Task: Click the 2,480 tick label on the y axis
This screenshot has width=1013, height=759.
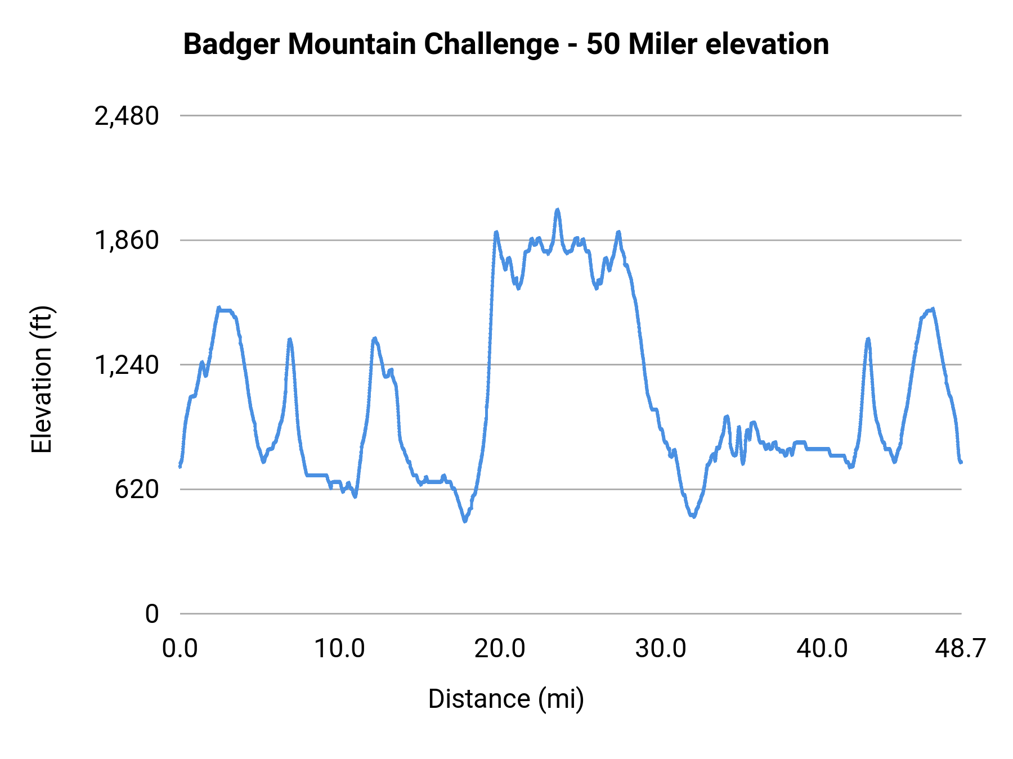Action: (127, 116)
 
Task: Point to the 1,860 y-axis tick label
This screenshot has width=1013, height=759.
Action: (127, 241)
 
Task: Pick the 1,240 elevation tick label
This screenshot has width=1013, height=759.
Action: (127, 365)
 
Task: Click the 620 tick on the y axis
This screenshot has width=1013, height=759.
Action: (137, 490)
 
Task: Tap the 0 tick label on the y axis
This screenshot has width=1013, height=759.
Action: (151, 614)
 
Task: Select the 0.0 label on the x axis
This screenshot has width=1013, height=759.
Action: (180, 649)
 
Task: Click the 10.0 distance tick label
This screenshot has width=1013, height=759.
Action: (339, 649)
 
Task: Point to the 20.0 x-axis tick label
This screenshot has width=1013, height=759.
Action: (500, 649)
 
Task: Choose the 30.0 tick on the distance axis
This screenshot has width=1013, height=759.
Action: (661, 649)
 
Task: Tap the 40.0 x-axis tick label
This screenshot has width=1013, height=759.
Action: (822, 649)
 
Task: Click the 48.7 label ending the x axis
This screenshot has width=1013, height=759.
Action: (960, 649)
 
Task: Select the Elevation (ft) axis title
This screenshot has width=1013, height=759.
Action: (42, 379)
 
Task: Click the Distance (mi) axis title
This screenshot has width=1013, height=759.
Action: (506, 699)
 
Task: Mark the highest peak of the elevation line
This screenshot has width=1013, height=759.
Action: (558, 210)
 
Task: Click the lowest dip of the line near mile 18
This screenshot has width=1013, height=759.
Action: (465, 521)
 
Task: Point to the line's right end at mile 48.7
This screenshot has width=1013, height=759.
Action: (961, 462)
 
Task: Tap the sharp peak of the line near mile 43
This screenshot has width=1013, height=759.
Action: (868, 339)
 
